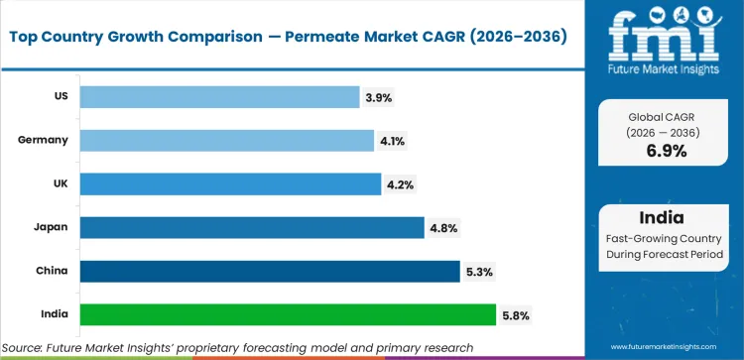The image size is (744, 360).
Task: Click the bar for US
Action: (219, 96)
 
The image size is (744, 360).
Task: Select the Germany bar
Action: (226, 140)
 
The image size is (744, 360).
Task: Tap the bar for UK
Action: (230, 183)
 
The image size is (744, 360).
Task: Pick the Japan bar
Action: (252, 227)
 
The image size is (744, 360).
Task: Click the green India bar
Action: (288, 314)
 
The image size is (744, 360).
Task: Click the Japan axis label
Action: (52, 227)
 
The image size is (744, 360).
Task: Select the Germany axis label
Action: (44, 140)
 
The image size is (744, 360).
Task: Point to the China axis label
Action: (52, 271)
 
